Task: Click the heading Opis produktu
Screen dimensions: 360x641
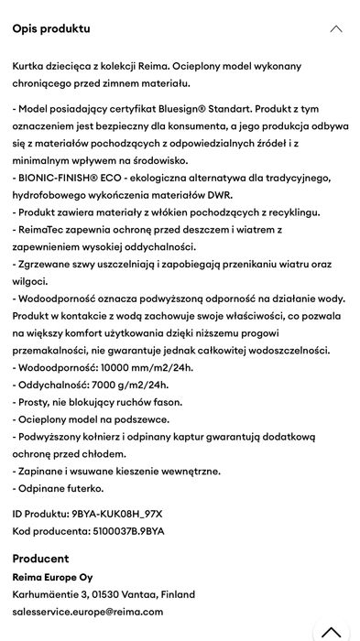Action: pyautogui.click(x=51, y=28)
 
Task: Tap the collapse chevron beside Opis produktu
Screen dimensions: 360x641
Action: pyautogui.click(x=336, y=29)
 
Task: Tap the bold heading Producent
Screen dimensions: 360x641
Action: pyautogui.click(x=40, y=559)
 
